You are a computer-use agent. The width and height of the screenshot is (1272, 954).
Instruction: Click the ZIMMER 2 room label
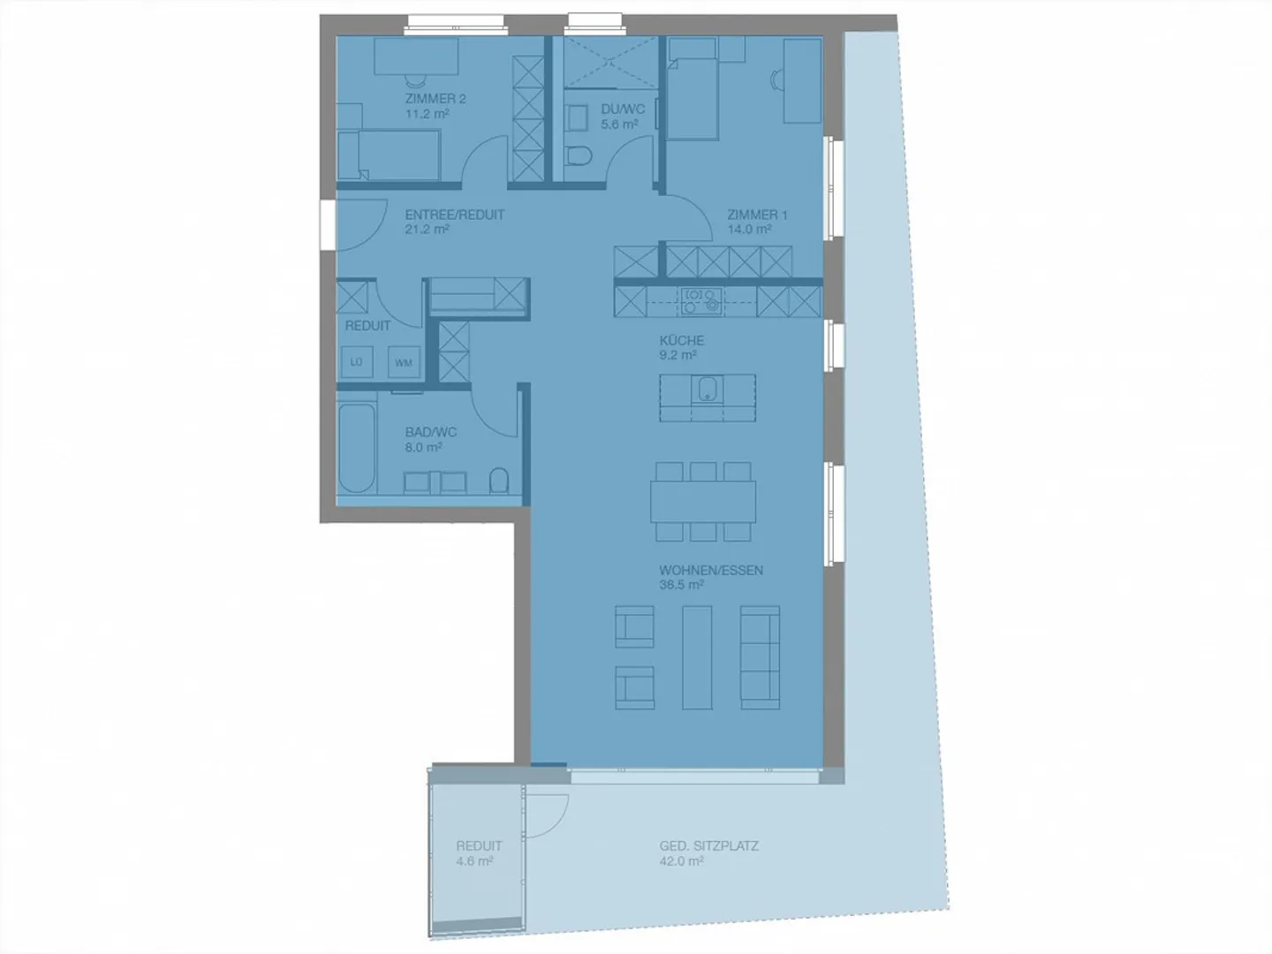tap(435, 98)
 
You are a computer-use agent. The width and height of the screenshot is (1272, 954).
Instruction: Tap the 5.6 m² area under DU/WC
tap(619, 124)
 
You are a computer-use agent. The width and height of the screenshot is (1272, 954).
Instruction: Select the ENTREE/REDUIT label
tap(455, 215)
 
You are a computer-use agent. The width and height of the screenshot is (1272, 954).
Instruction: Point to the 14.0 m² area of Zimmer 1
tap(749, 229)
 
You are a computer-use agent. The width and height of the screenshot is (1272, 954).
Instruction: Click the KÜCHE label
tap(681, 340)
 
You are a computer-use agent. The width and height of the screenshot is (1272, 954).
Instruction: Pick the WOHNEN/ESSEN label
tap(711, 570)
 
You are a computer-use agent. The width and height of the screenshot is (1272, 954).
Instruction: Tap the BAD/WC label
tap(430, 432)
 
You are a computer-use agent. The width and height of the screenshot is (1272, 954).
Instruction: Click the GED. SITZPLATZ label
tap(709, 845)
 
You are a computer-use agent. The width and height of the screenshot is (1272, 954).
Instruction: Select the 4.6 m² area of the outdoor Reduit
tap(474, 861)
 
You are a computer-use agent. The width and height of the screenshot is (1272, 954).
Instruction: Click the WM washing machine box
tap(404, 362)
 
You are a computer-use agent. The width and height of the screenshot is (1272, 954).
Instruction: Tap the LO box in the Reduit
tap(356, 362)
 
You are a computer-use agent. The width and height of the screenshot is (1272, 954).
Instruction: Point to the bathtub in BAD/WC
tap(358, 449)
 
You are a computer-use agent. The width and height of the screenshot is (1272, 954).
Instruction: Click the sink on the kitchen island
tap(707, 389)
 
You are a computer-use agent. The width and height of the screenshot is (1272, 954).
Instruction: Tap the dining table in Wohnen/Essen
tap(703, 503)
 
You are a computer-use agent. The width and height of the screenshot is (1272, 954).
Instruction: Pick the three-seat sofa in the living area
tap(760, 657)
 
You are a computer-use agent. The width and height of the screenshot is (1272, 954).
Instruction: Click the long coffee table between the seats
tap(697, 657)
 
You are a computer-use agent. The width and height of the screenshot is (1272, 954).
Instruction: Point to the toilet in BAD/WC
tap(499, 481)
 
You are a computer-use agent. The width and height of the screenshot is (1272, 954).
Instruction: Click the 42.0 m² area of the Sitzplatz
tap(681, 861)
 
